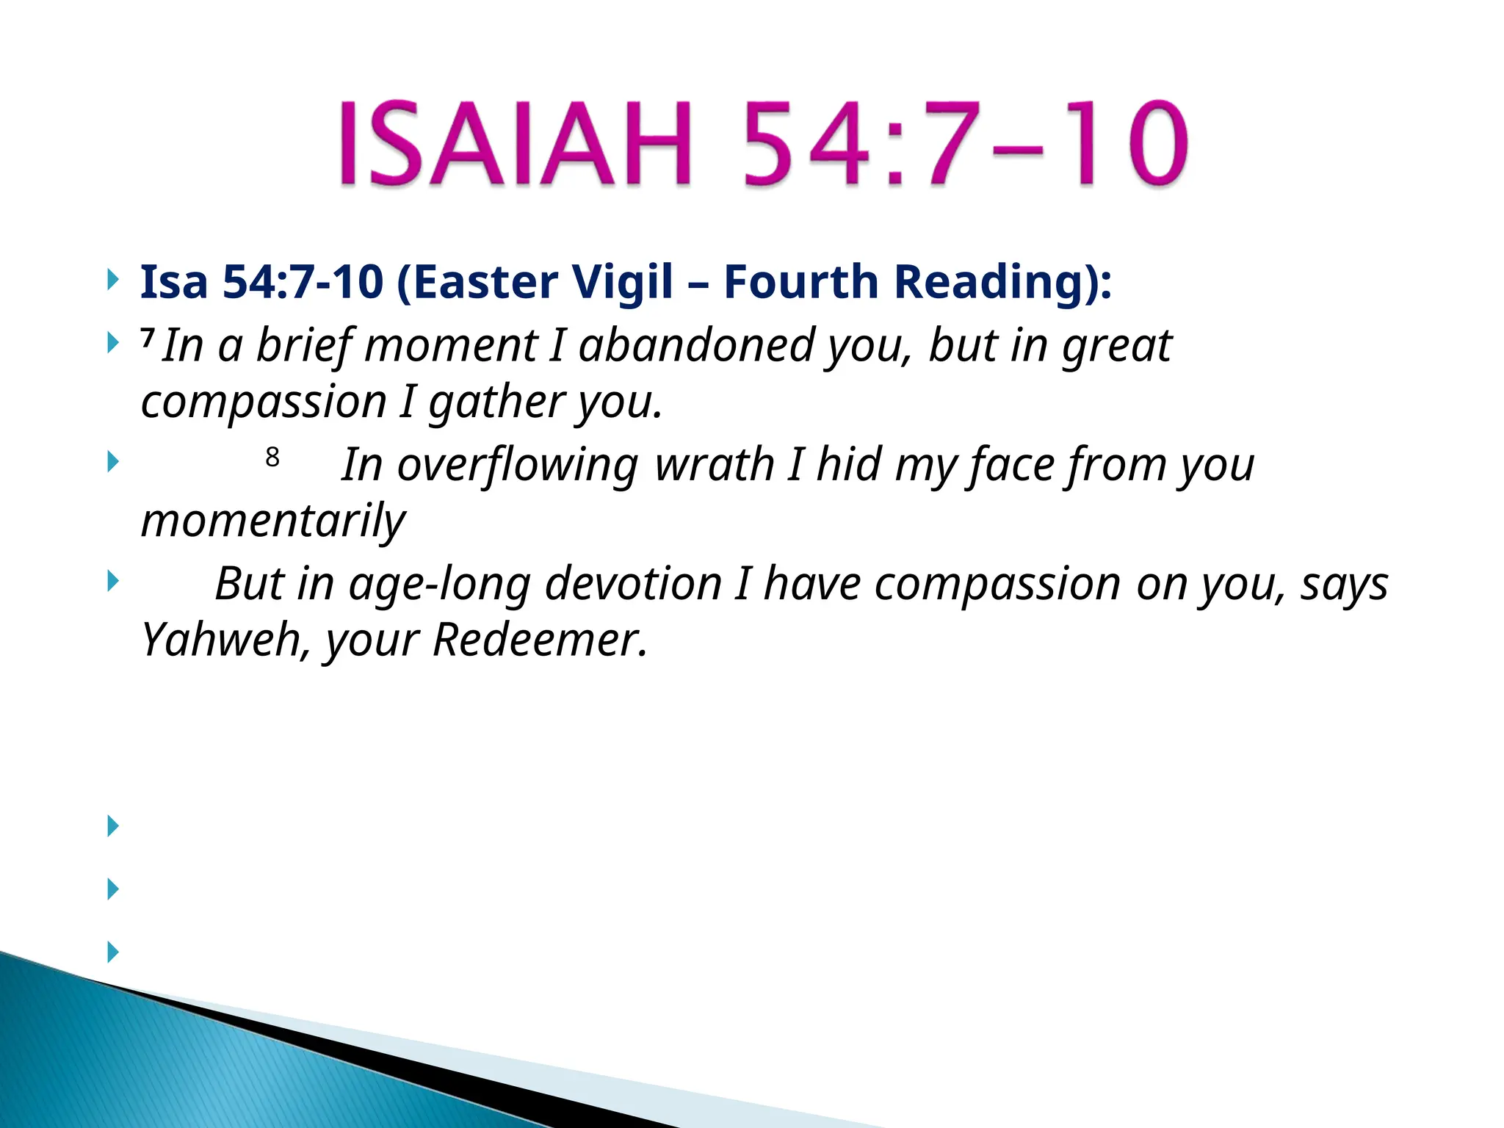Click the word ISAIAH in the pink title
pyautogui.click(x=514, y=143)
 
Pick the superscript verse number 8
pyautogui.click(x=272, y=458)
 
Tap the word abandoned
pyautogui.click(x=696, y=345)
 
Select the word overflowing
pyautogui.click(x=518, y=465)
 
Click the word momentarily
pyautogui.click(x=272, y=521)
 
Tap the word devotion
pyautogui.click(x=634, y=585)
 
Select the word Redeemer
pyautogui.click(x=540, y=640)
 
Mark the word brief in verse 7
pyautogui.click(x=303, y=345)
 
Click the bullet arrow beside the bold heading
pyautogui.click(x=112, y=280)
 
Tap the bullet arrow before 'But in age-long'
pyautogui.click(x=112, y=582)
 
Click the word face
pyautogui.click(x=1011, y=465)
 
